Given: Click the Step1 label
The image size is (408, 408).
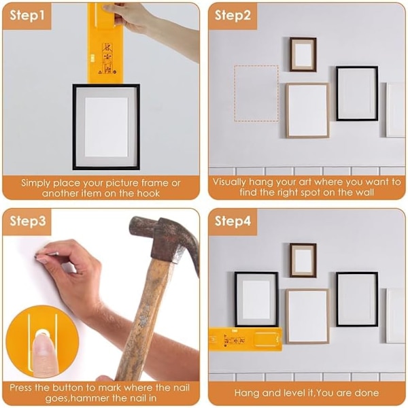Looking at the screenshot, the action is click(27, 16).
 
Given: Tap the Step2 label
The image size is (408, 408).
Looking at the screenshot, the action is click(233, 16).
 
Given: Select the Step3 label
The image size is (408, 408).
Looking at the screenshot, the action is click(28, 222).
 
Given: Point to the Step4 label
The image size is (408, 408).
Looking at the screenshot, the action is click(233, 222).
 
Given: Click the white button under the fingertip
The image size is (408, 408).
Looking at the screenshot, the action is click(43, 333).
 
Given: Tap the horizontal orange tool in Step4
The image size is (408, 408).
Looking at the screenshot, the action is click(245, 339).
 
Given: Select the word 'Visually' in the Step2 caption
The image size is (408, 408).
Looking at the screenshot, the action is click(229, 182).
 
